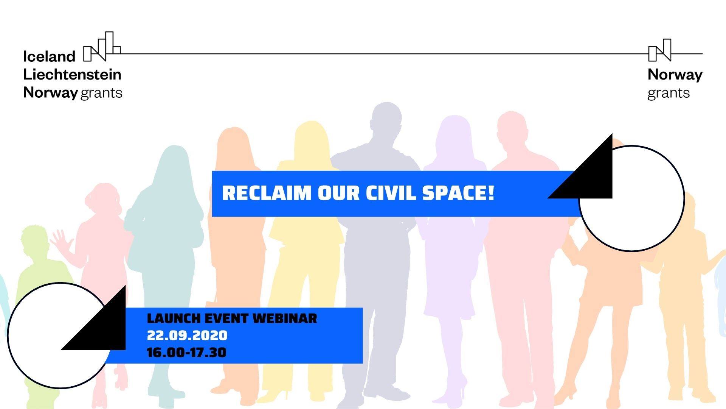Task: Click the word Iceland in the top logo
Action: tap(49, 56)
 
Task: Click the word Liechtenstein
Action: tap(72, 74)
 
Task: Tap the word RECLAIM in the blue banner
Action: tap(267, 193)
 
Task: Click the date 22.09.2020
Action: tap(187, 335)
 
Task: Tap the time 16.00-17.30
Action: tap(187, 353)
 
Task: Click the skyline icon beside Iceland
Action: tap(102, 47)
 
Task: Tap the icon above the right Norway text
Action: tap(660, 50)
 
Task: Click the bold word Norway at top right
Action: tap(675, 75)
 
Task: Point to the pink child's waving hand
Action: tap(60, 240)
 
